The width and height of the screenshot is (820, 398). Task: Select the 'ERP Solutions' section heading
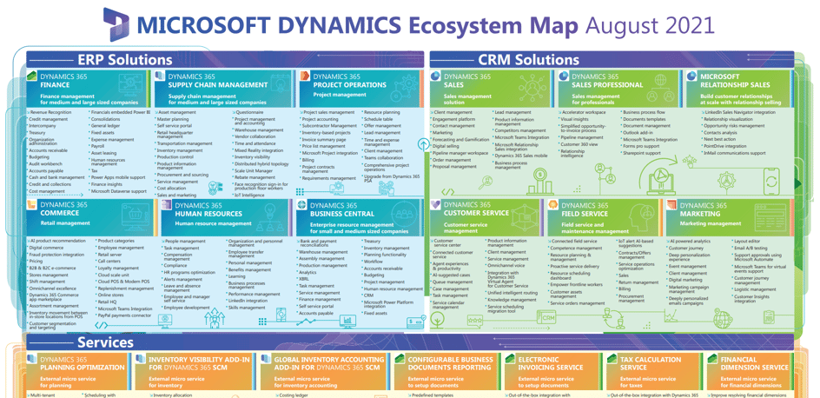[x=124, y=60]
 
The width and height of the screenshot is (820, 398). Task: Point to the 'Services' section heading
[x=105, y=342]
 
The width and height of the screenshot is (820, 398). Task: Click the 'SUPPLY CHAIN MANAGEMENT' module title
[x=217, y=85]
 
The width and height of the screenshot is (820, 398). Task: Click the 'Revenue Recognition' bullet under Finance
[x=51, y=112]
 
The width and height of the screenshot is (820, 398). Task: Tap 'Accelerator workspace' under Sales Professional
[x=583, y=112]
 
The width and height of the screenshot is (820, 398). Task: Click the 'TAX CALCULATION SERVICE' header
[x=651, y=362]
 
